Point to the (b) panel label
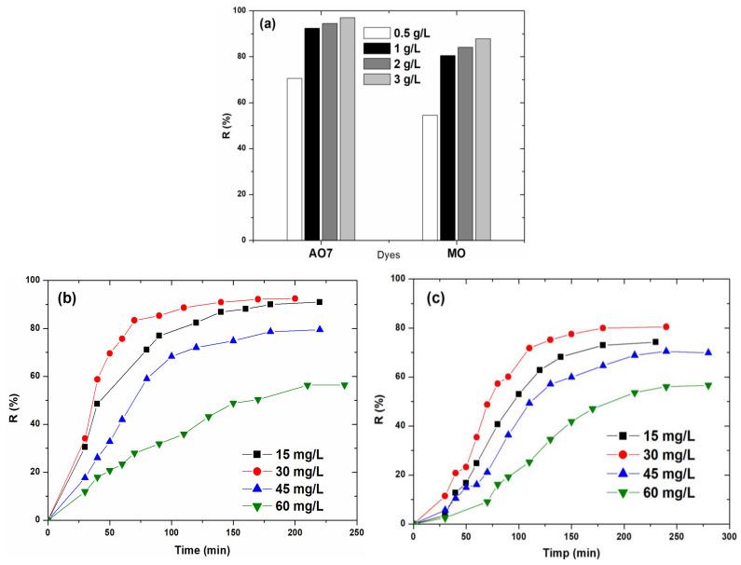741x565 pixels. [x=72, y=297]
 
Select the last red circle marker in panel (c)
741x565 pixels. [x=666, y=326]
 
